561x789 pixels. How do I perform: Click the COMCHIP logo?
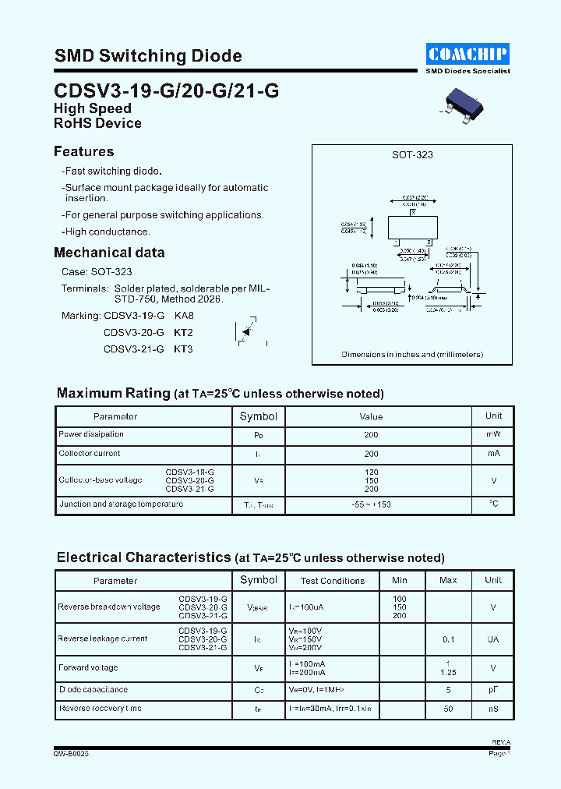tap(467, 54)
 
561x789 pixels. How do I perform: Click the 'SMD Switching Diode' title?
tap(148, 56)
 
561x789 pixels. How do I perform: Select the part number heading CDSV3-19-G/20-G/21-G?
tap(166, 90)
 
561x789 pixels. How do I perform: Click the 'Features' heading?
tap(84, 151)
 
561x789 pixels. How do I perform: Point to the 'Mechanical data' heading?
tap(109, 253)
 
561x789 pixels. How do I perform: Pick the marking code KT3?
tap(183, 349)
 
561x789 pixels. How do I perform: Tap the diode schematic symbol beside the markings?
tap(248, 332)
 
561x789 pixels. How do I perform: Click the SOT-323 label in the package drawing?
tap(412, 155)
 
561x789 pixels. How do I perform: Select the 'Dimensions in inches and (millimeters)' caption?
tap(412, 355)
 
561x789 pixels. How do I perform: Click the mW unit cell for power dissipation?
tap(493, 434)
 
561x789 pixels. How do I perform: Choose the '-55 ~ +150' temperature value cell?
tap(371, 504)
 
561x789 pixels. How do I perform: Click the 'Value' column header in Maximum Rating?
tap(371, 416)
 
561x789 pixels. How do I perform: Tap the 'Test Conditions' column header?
tap(333, 581)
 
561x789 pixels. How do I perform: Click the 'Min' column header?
tap(400, 580)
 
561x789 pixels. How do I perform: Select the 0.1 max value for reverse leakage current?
tap(448, 639)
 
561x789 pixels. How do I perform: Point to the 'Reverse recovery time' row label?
tap(100, 709)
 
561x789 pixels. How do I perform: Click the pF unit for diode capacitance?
tap(493, 690)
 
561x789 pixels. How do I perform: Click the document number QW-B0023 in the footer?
tap(71, 754)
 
